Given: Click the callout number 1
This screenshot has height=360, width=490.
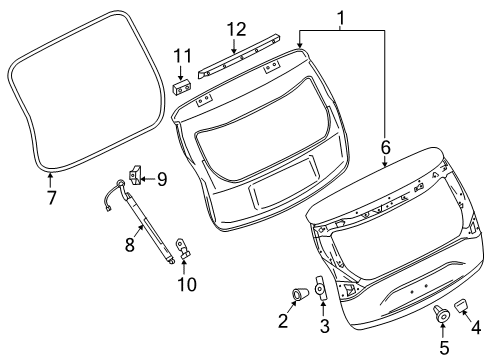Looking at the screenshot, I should click(341, 17).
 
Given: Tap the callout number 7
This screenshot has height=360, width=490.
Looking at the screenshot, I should click(51, 196).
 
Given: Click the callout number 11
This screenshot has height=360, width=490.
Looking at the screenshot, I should click(181, 55).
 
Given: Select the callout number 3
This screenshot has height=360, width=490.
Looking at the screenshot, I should click(323, 326).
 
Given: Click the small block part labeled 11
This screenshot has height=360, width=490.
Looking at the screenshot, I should click(181, 85).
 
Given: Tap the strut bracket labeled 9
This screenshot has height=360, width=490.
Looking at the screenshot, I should click(135, 178).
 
